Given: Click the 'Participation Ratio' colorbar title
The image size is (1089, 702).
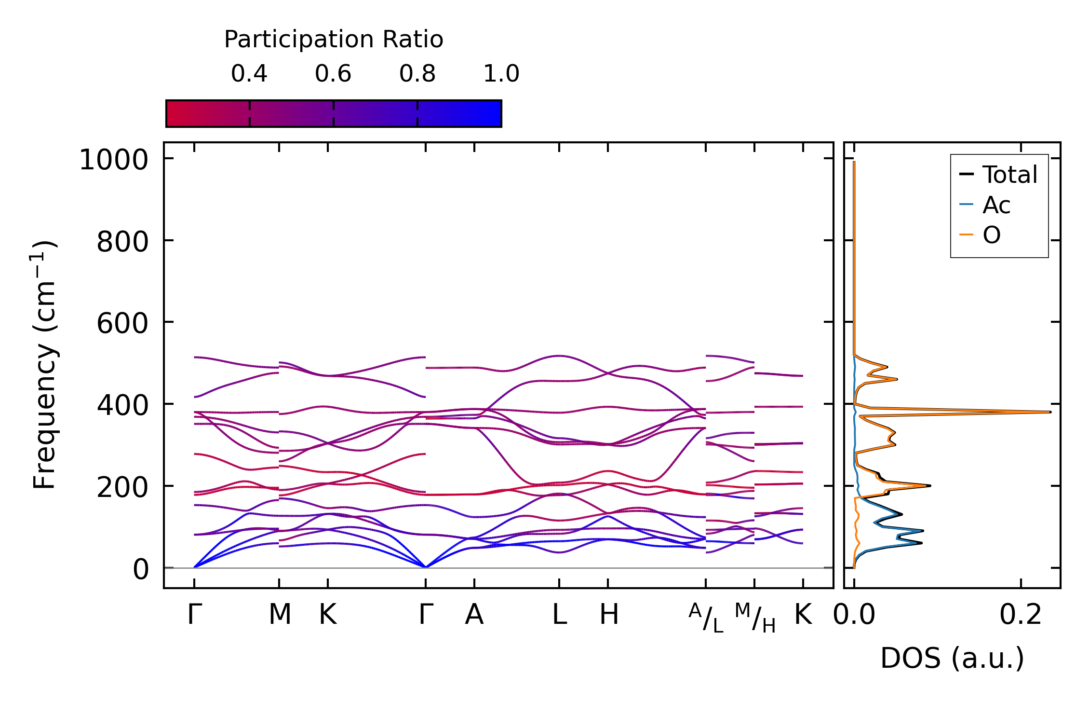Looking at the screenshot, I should coord(334,40).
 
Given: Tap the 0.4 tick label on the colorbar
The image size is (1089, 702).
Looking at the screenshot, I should coord(249,74).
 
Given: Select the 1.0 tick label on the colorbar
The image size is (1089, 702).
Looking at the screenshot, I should coord(501,74).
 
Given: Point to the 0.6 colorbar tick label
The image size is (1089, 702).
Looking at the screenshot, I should coord(333,74).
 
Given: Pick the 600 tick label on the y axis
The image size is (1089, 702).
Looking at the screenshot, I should coord(122,323).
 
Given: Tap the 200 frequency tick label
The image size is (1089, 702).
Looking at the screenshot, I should coord(122,487).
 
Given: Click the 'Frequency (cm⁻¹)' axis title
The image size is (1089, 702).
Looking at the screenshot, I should coord(44,365).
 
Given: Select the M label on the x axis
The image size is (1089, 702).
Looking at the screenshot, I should coord(280,615).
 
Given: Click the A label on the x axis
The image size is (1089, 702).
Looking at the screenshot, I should coord(474,615).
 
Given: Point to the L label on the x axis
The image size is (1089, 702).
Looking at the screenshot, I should coord(559,615).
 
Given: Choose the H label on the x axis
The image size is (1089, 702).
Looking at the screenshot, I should coord(608,615).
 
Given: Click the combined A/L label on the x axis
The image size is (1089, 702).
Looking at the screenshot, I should coord(706,618).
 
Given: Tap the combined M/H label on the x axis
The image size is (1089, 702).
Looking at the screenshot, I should coord(755,618).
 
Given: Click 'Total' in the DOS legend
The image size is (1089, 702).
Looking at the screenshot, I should coord(1009,175).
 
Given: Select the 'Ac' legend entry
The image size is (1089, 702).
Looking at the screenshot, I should coord(996,205).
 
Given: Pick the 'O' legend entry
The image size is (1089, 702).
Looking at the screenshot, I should coord(992,235).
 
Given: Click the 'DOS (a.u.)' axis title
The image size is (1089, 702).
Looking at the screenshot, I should coord(952,658).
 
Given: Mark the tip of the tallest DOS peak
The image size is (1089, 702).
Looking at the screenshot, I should coord(1050,412).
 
